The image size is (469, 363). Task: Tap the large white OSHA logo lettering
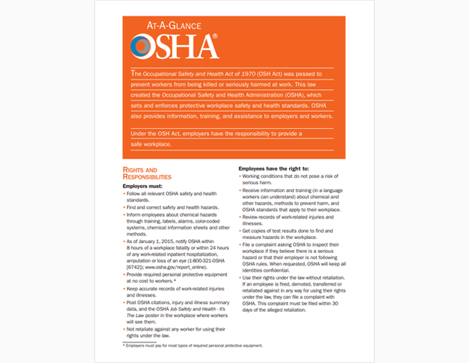(174, 46)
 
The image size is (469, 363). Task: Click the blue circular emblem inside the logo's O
(142, 47)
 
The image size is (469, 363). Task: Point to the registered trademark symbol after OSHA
(215, 36)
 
